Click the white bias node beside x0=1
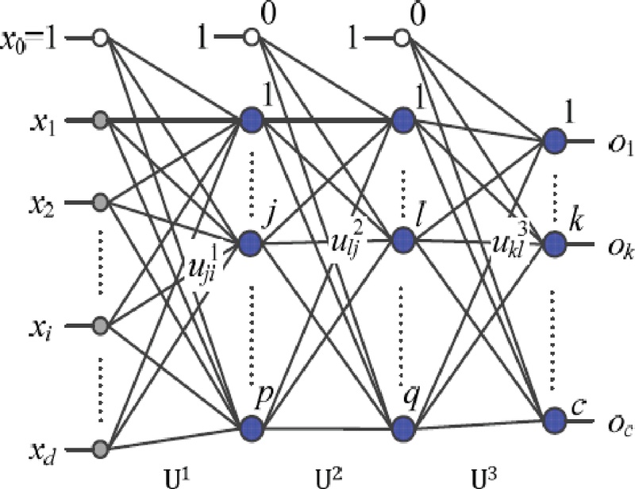(100, 37)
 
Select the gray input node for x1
(100, 121)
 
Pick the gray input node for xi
(100, 325)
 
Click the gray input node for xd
(100, 450)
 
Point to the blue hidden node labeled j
(252, 240)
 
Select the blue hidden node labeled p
(252, 425)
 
